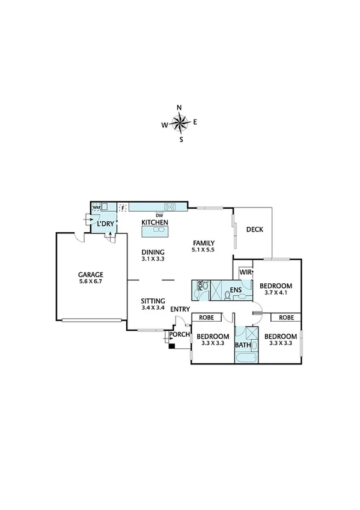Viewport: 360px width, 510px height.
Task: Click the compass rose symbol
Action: click(x=179, y=124)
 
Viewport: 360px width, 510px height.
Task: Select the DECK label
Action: click(x=255, y=229)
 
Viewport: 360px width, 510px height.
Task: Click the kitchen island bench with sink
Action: click(x=155, y=231)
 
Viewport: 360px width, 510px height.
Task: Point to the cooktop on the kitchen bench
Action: click(x=170, y=207)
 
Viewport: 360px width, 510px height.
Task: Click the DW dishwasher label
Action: click(x=159, y=215)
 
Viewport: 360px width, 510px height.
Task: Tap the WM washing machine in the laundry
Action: click(x=96, y=207)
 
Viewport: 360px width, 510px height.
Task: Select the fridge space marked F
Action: click(x=123, y=207)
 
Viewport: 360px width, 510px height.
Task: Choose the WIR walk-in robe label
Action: click(x=245, y=272)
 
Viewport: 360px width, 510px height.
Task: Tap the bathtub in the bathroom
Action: click(x=246, y=359)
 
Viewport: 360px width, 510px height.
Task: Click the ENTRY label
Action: click(x=180, y=309)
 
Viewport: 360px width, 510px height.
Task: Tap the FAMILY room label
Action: click(x=202, y=241)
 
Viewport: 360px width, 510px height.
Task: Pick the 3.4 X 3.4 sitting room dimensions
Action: click(x=153, y=308)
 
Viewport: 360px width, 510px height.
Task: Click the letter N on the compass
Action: click(x=179, y=108)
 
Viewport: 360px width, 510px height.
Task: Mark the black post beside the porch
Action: click(x=172, y=346)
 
